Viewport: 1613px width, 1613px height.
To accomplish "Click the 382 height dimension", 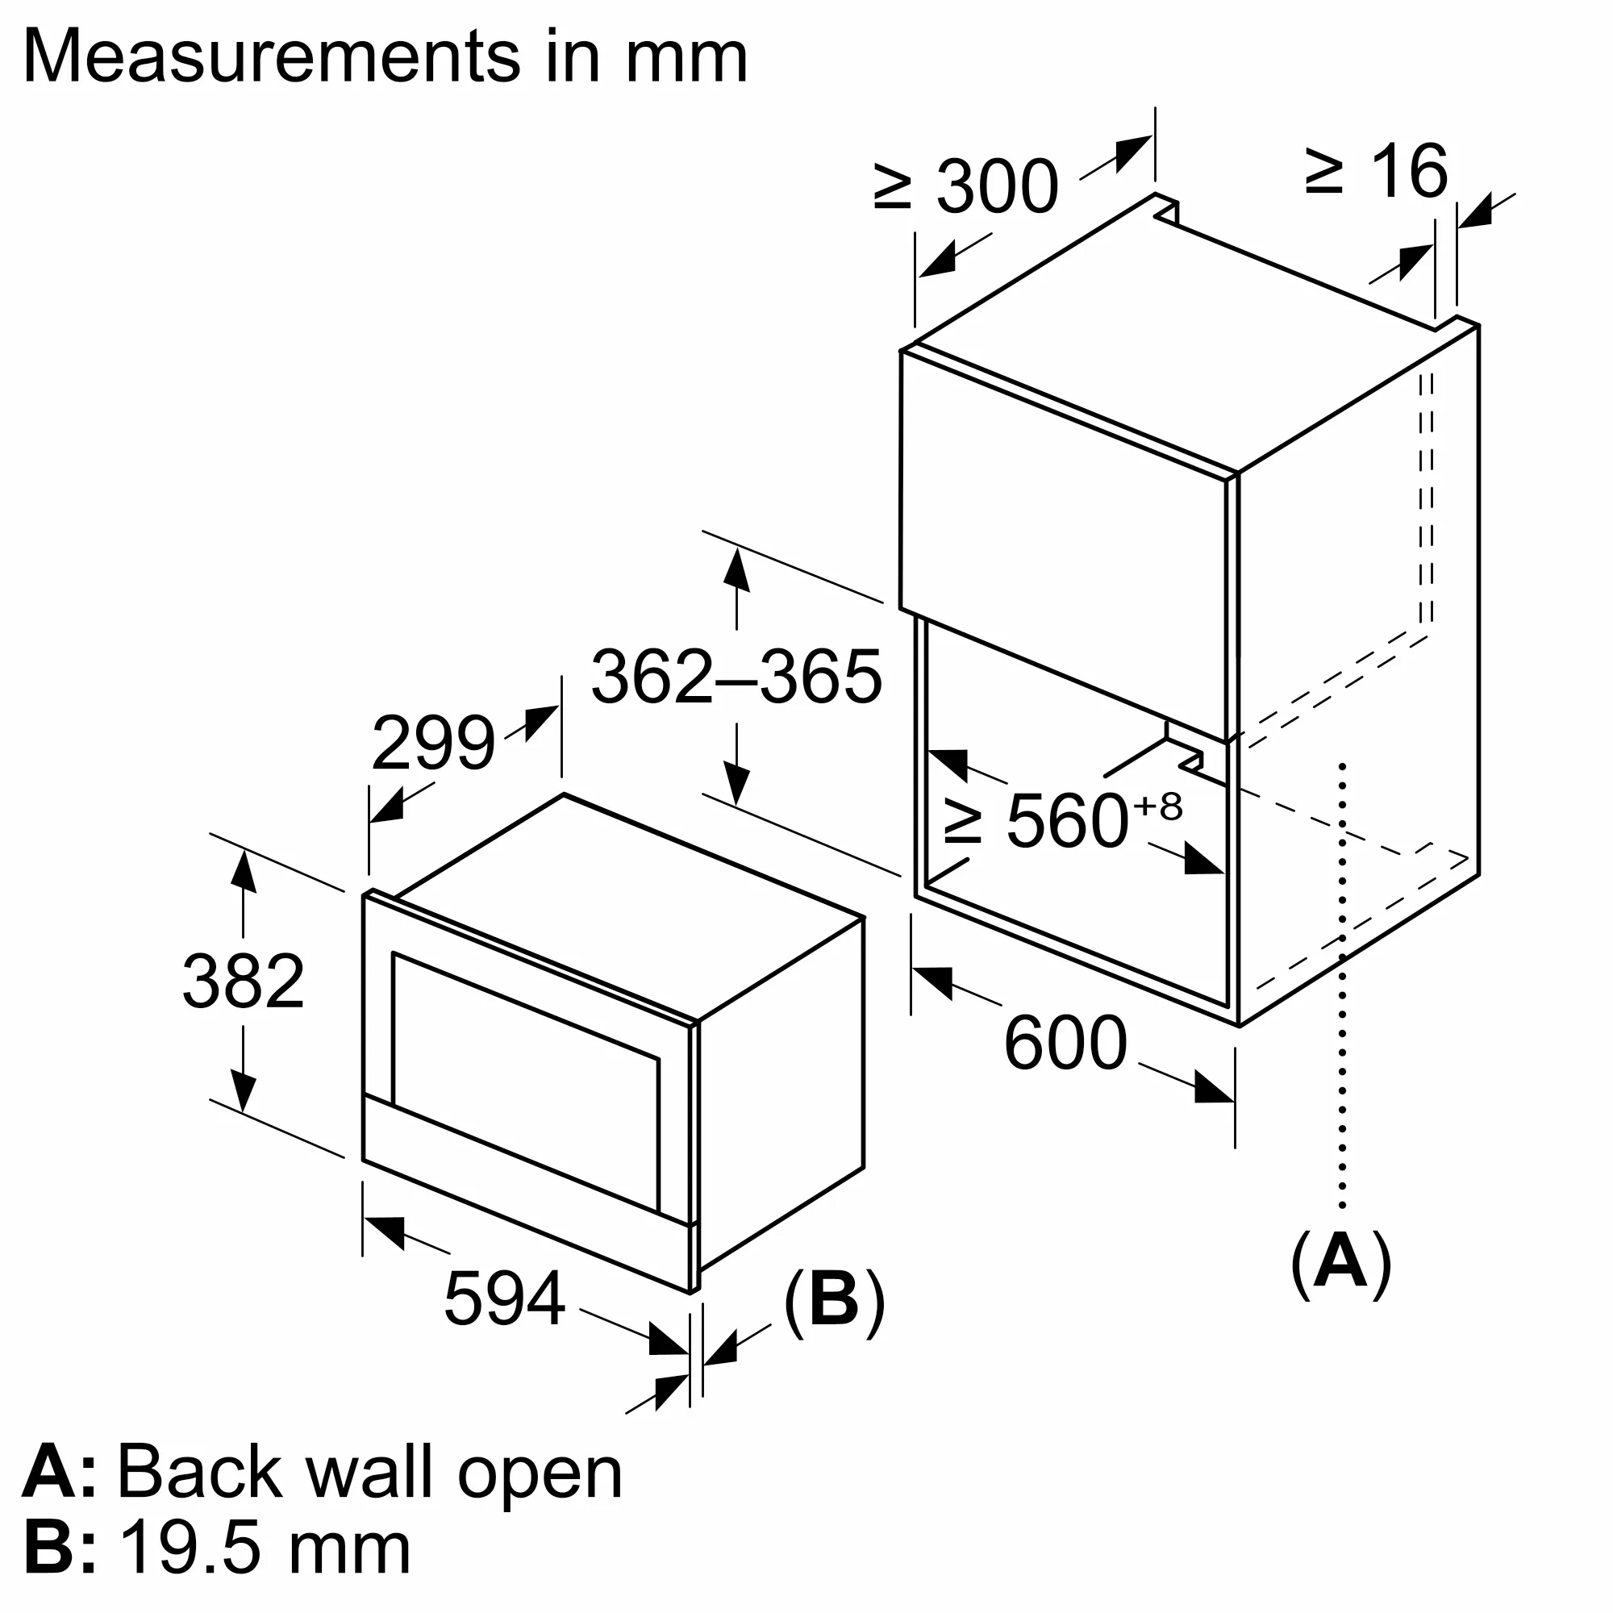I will pyautogui.click(x=243, y=982).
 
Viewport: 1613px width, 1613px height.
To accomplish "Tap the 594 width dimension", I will pyautogui.click(x=504, y=1298).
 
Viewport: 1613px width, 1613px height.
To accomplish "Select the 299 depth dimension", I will pyautogui.click(x=432, y=743).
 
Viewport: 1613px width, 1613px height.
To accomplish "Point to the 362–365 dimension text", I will pyautogui.click(x=736, y=677).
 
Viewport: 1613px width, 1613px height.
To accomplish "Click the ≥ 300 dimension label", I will pyautogui.click(x=966, y=185).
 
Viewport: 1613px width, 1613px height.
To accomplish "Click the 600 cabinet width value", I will pyautogui.click(x=1065, y=1043).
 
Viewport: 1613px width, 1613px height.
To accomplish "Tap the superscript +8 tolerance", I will pyautogui.click(x=1158, y=806).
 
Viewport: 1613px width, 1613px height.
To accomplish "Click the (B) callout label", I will pyautogui.click(x=833, y=1299).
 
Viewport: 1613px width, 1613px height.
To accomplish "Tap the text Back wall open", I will pyautogui.click(x=369, y=1473).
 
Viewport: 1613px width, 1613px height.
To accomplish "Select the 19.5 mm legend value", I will pyautogui.click(x=265, y=1548).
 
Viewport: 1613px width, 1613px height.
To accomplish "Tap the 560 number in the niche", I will pyautogui.click(x=1067, y=822).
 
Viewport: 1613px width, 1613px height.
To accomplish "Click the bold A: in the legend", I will pyautogui.click(x=58, y=1473).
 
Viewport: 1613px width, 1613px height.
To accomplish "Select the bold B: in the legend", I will pyautogui.click(x=58, y=1548).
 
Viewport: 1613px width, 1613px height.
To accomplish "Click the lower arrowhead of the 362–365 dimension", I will pyautogui.click(x=736, y=785).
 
